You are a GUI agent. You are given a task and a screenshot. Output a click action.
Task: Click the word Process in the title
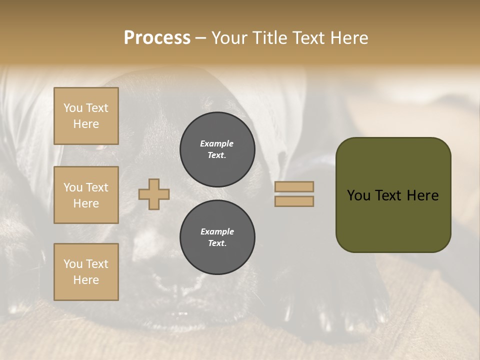[x=157, y=38]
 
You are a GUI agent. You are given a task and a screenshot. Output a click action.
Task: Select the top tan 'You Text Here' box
[x=86, y=116]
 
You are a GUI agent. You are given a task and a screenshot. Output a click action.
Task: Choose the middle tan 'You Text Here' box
[x=86, y=195]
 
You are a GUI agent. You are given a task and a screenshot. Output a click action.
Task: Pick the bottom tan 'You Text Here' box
[x=86, y=271]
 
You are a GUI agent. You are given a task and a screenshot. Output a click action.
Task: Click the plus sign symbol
[x=154, y=194]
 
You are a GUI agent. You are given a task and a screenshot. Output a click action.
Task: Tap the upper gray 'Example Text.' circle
[x=217, y=149]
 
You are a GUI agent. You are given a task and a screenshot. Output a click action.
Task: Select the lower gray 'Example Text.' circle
[x=217, y=237]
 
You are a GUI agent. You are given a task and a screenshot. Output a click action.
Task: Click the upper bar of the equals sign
[x=294, y=186]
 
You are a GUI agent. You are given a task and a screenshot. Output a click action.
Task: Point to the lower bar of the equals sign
[x=294, y=201]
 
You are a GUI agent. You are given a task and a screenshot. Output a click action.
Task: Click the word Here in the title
[x=348, y=38]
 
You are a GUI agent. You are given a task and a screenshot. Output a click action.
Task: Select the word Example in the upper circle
[x=217, y=143]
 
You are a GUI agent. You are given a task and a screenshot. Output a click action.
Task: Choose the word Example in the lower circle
[x=217, y=231]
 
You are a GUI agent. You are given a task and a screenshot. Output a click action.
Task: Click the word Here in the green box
[x=423, y=195]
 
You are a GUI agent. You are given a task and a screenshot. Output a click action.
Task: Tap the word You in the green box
[x=358, y=195]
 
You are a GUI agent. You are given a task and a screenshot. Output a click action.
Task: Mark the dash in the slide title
[x=201, y=38]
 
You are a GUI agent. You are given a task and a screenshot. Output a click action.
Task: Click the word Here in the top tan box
[x=86, y=124]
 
